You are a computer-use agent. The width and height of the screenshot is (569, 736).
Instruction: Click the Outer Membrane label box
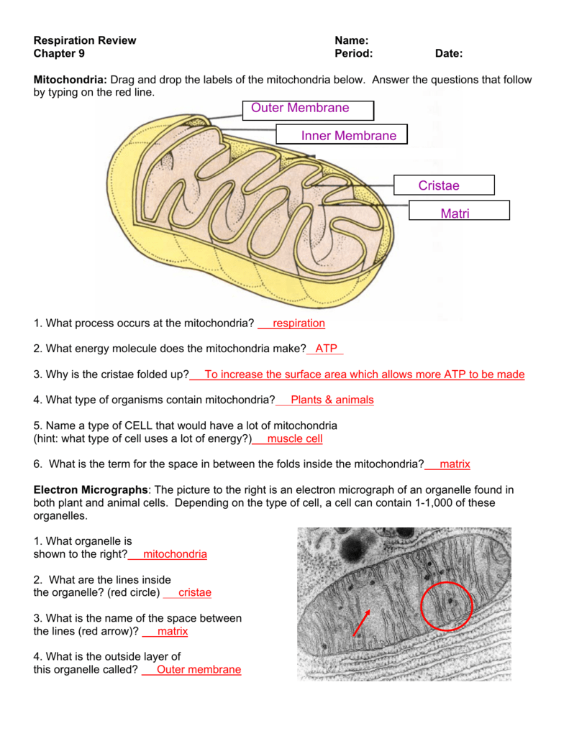pos(307,110)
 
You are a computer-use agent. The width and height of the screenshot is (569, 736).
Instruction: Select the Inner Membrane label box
pos(341,135)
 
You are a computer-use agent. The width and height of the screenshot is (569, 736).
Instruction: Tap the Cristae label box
pos(444,185)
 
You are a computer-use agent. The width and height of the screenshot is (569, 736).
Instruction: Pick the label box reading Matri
pos(459,211)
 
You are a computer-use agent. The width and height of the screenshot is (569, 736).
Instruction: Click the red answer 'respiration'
pos(299,323)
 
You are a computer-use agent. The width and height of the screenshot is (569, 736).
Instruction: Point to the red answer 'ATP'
pos(326,349)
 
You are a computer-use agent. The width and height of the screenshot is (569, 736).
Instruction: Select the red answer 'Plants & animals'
pos(332,400)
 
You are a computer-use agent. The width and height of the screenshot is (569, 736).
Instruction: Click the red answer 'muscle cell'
pos(294,438)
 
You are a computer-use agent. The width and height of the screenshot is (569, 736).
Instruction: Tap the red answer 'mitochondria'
pos(175,554)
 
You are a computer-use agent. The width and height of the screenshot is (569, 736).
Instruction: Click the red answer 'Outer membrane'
pos(199,670)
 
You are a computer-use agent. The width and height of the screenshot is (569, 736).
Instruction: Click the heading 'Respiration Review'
pos(85,40)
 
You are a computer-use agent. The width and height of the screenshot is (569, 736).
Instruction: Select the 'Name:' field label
pos(352,40)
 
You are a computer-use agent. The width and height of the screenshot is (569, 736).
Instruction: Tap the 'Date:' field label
pos(449,53)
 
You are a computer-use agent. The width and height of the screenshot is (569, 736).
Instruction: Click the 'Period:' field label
pos(354,53)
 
